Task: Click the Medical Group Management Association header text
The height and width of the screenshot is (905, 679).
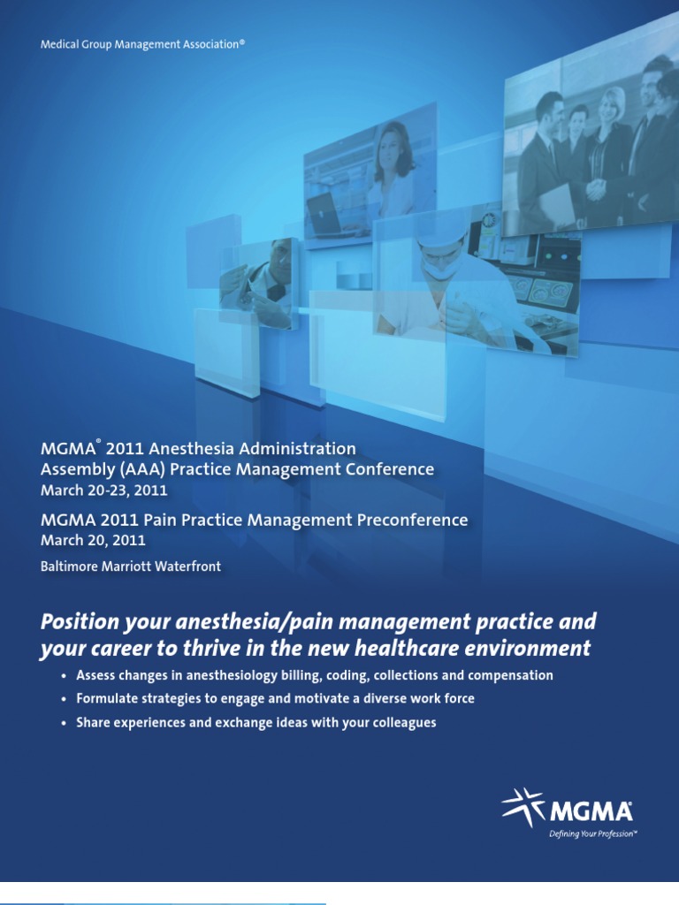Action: [x=142, y=42]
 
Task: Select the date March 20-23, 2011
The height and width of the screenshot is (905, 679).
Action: [x=104, y=490]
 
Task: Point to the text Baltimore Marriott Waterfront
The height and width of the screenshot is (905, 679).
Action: [x=131, y=567]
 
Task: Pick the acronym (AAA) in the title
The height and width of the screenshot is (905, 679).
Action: [x=156, y=469]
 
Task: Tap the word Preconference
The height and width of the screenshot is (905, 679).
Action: [x=411, y=520]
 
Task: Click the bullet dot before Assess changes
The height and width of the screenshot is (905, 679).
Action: [x=63, y=676]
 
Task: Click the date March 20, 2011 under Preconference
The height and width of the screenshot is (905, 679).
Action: [x=94, y=540]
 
